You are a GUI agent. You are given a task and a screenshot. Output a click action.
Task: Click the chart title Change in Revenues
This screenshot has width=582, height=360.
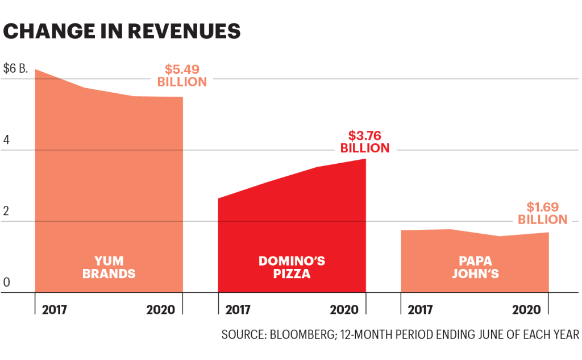122,31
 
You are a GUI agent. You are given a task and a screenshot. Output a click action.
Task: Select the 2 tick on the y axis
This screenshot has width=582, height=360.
7,211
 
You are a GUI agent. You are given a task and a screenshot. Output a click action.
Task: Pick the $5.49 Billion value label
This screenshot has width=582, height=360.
182,76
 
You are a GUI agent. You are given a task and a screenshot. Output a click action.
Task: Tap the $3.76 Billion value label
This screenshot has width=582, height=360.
364,142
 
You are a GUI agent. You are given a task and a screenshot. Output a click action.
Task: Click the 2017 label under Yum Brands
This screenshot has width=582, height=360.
55,310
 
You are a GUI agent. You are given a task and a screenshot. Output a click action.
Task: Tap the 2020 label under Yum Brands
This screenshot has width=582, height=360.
161,310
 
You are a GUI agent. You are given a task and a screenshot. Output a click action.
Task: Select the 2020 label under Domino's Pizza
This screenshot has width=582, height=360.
344,310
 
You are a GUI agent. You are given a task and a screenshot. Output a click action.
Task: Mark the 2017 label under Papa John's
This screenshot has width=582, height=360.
421,310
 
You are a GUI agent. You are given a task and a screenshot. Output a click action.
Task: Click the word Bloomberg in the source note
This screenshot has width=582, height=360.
305,335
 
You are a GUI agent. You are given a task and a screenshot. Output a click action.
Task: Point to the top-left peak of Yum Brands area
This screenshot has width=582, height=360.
36,70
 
